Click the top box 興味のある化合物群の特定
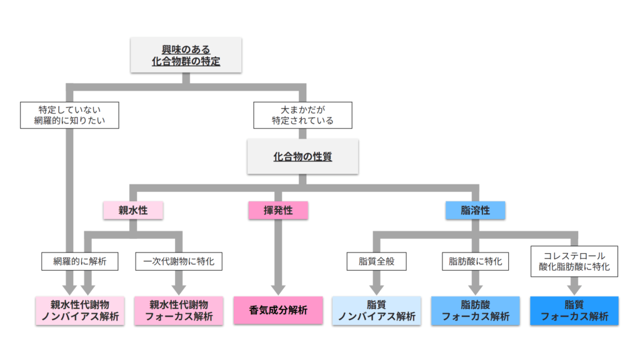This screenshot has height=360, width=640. [x=186, y=55]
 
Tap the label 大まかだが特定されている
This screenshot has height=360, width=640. [x=302, y=115]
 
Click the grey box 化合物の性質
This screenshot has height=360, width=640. [x=302, y=157]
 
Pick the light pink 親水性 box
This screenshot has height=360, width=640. [x=133, y=211]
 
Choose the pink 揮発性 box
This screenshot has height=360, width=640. [x=277, y=211]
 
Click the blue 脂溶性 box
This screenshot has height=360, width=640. [x=476, y=211]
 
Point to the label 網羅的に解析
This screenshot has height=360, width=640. [x=79, y=261]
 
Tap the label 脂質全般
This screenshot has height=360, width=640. [x=376, y=261]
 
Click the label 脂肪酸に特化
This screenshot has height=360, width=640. [x=475, y=261]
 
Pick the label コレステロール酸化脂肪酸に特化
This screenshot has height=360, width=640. [x=574, y=261]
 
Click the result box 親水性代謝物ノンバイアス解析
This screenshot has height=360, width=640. [x=79, y=311]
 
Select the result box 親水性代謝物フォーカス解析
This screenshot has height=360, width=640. [x=178, y=311]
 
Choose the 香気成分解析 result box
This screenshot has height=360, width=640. [x=277, y=311]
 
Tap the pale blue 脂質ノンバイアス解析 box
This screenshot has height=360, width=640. [x=376, y=311]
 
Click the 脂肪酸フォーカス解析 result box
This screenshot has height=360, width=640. [x=475, y=311]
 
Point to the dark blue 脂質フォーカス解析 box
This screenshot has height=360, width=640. [x=574, y=311]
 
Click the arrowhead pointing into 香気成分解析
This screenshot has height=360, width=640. [x=277, y=289]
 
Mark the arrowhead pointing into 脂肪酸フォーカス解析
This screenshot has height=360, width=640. [x=475, y=289]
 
